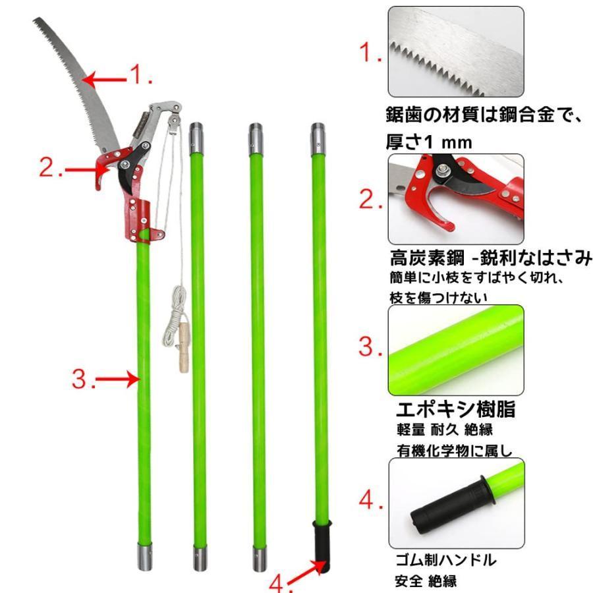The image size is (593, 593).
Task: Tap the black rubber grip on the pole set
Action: click(322, 546)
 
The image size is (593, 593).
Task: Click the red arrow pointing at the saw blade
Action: click(104, 80)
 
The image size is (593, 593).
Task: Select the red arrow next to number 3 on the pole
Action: click(118, 379)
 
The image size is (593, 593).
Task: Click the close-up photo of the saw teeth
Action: click(456, 52)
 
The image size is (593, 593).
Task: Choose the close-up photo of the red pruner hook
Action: click(456, 199)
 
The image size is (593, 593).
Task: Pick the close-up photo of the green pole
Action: click(456, 351)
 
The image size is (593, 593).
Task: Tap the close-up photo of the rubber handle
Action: click(457, 503)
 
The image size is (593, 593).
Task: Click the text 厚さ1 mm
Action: click(429, 142)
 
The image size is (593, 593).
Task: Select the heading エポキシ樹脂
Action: click(455, 409)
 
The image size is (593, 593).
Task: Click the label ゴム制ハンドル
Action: click(445, 560)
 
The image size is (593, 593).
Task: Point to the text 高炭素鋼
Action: click(427, 258)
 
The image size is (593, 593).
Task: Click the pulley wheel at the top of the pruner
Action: click(175, 121)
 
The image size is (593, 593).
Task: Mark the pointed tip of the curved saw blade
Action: click(34, 18)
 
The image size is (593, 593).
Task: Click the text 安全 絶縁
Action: click(426, 581)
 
